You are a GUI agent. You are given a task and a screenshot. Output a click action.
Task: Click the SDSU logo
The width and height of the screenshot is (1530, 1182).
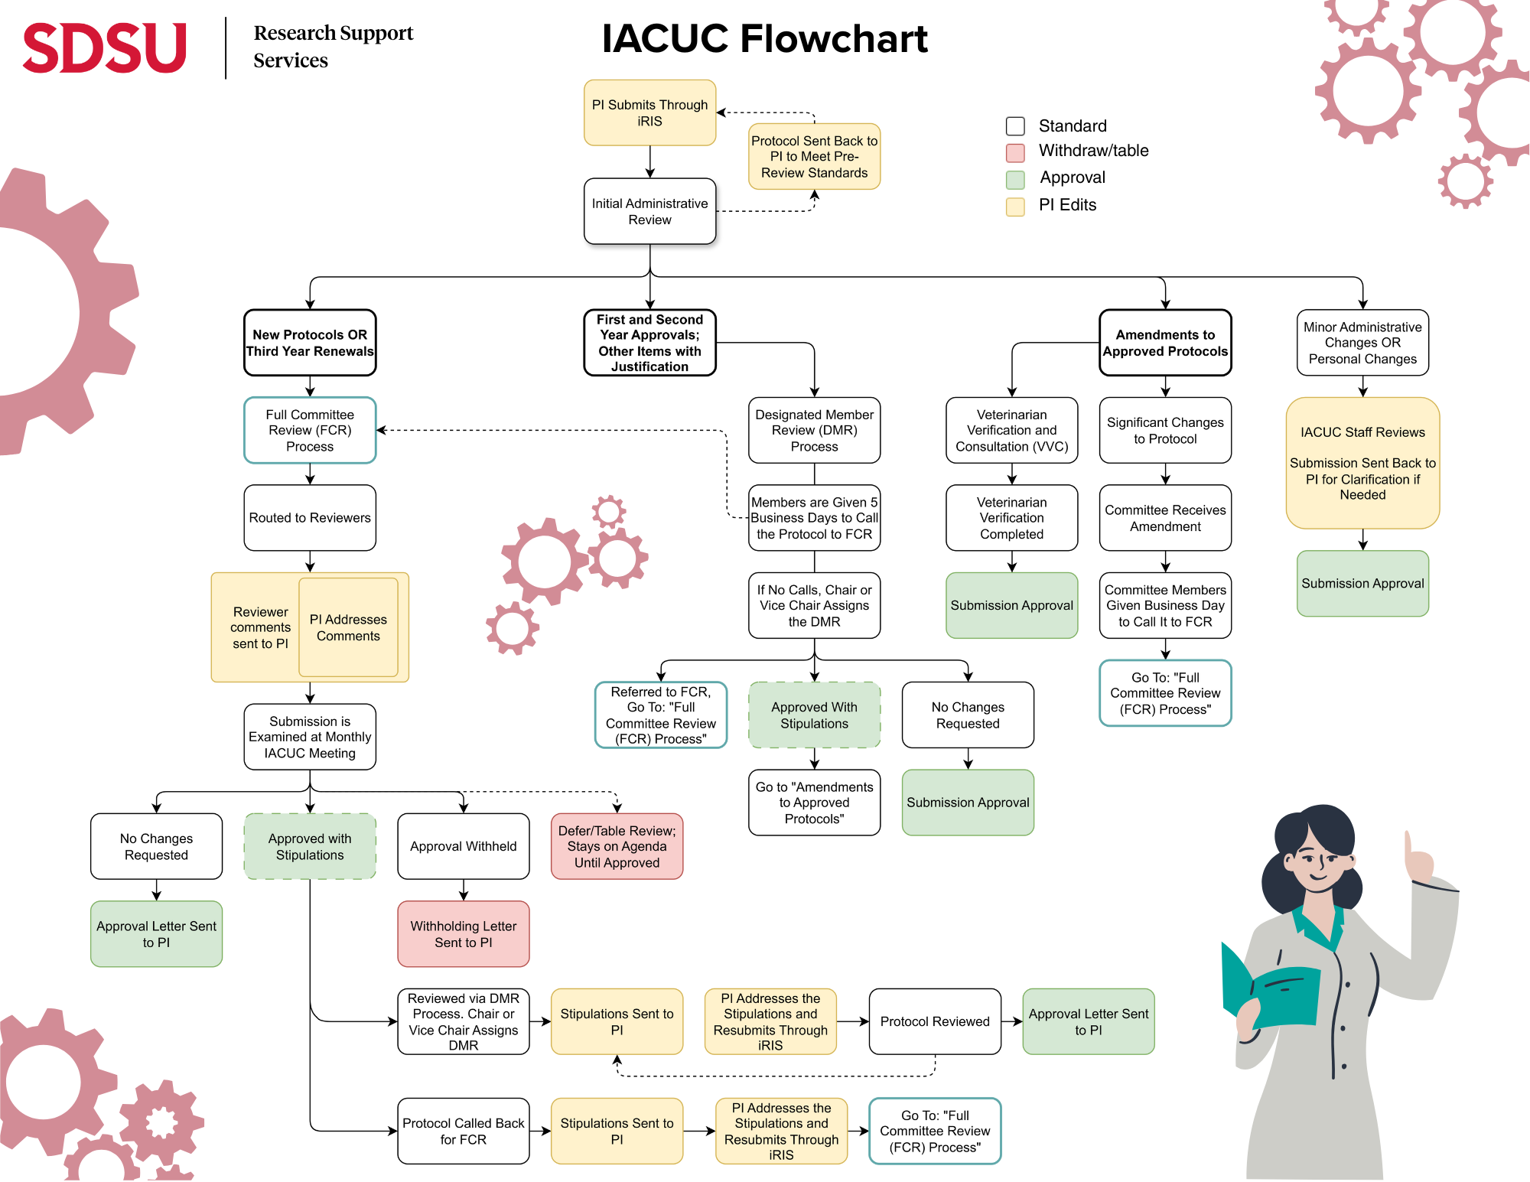pos(105,47)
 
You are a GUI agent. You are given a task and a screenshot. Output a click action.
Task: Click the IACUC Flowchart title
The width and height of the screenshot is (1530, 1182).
pos(764,38)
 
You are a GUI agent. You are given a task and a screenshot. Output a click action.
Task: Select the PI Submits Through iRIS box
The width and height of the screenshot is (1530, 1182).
pos(649,112)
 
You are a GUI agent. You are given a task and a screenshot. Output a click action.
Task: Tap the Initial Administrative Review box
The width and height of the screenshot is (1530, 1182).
pos(649,211)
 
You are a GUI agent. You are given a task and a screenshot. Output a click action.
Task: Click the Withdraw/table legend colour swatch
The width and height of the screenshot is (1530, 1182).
pos(1015,152)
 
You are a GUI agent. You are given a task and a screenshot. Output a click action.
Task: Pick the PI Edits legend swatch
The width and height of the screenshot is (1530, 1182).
pos(1015,207)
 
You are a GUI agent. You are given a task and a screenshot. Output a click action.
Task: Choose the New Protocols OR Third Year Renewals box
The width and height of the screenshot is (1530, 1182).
pos(310,343)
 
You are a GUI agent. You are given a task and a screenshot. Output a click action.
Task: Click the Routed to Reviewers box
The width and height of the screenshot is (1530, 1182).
pos(310,518)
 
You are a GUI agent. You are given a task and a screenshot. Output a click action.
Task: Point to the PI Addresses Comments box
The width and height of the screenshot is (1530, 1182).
pos(348,627)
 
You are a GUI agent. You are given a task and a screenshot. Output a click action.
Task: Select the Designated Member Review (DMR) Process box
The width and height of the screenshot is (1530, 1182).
pos(814,430)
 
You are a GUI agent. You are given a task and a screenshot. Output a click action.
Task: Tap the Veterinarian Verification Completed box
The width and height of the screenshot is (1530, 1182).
pos(1011,518)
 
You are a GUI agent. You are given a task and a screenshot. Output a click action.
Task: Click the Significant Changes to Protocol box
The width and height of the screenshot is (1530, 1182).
pos(1165,430)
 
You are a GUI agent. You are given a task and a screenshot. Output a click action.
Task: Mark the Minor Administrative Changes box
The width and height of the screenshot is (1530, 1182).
pos(1362,343)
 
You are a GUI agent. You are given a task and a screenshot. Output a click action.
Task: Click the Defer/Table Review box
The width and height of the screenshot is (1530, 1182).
pos(617,846)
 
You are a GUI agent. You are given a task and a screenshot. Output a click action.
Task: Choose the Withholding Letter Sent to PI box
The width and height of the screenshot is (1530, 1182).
pos(463,934)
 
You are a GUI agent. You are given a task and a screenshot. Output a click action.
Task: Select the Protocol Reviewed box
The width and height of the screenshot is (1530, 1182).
pos(935,1021)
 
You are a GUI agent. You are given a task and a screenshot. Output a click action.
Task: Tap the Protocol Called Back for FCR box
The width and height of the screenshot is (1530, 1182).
pos(463,1131)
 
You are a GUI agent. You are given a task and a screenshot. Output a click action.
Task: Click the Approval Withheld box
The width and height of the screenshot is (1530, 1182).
pos(463,846)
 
